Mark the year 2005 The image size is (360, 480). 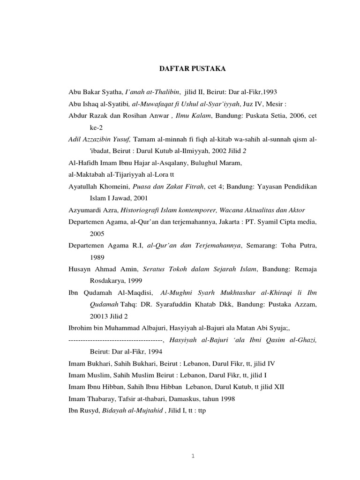tap(97, 233)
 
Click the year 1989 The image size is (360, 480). tap(97, 258)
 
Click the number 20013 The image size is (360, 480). tap(99, 317)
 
